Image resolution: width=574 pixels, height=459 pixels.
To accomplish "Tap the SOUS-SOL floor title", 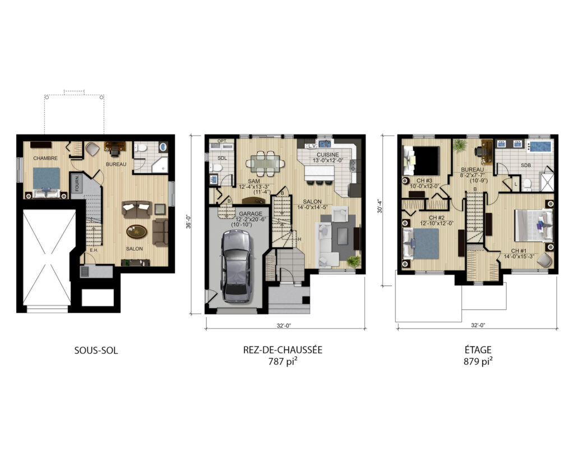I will (x=96, y=351).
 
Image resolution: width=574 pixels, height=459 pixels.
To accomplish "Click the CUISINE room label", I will (x=327, y=155).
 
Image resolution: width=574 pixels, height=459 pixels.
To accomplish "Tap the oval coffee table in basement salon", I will (x=137, y=231).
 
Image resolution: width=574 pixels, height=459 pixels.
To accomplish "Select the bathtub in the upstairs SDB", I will (x=540, y=147).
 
